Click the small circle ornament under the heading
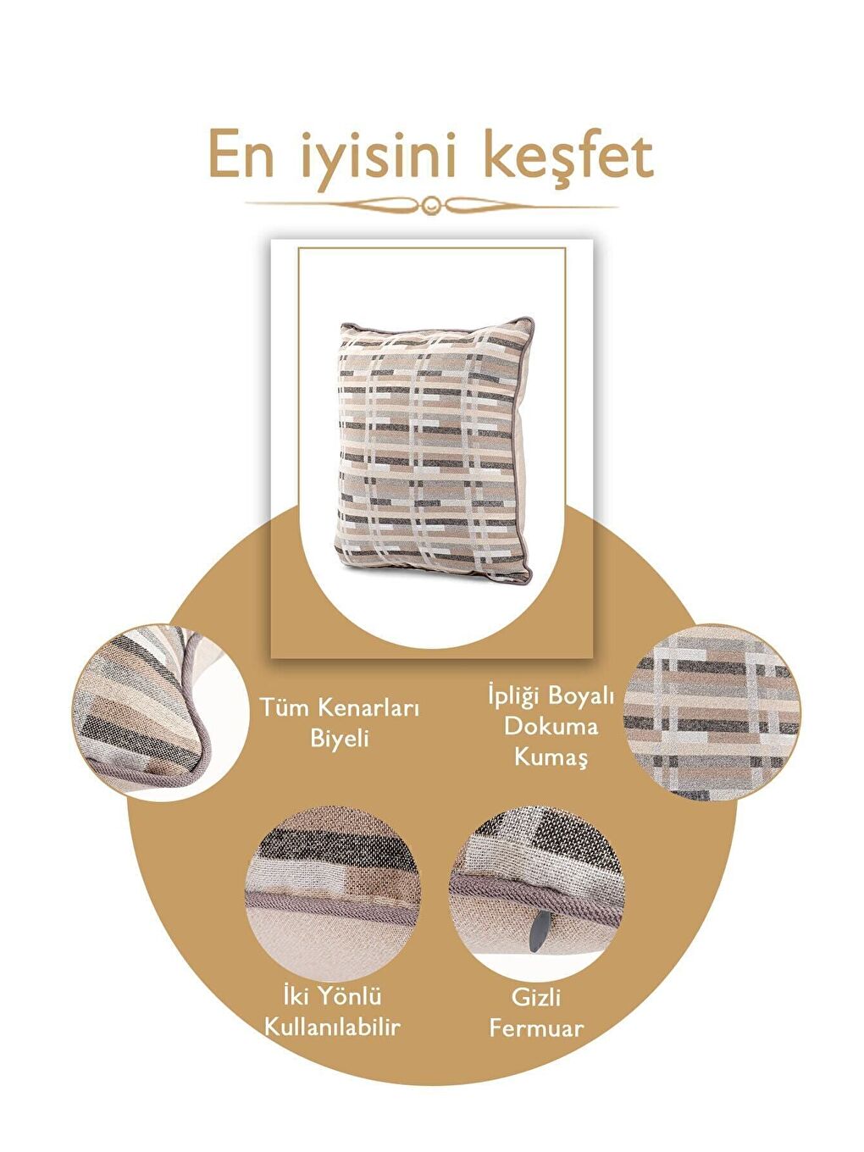tap(432, 204)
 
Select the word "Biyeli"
tap(339, 738)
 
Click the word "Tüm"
tap(281, 707)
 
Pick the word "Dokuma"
tap(551, 726)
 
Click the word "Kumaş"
tap(551, 756)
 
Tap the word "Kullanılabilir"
tap(332, 1027)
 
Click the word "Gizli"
tap(536, 997)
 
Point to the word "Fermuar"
tap(536, 1028)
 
